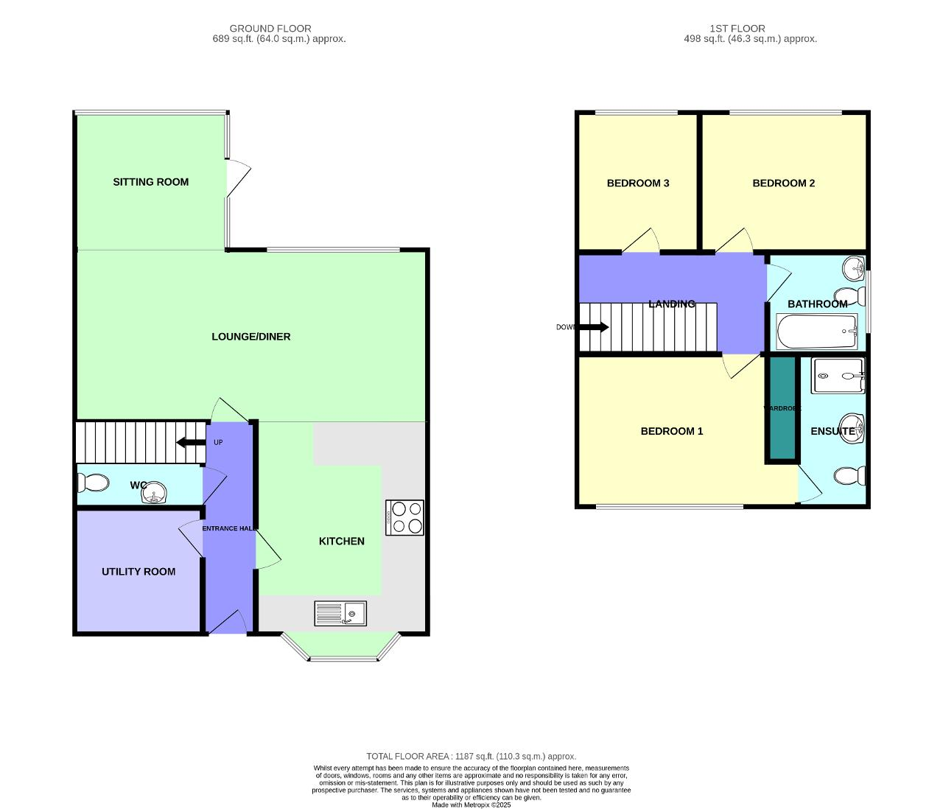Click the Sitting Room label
tap(150, 182)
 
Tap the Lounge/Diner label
tap(250, 337)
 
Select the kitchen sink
tap(340, 613)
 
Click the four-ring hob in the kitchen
tap(404, 517)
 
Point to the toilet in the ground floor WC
tap(93, 483)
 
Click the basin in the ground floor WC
tap(154, 493)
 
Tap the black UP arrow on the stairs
tap(191, 442)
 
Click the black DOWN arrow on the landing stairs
tap(595, 327)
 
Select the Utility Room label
tap(139, 572)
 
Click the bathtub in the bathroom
tap(817, 332)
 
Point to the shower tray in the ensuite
tap(838, 376)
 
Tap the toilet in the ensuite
tap(851, 476)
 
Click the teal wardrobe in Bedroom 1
tap(782, 409)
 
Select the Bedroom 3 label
tap(638, 183)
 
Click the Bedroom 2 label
tap(783, 183)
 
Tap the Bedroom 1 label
tap(671, 431)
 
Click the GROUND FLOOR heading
tap(270, 29)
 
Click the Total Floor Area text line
tap(471, 756)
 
